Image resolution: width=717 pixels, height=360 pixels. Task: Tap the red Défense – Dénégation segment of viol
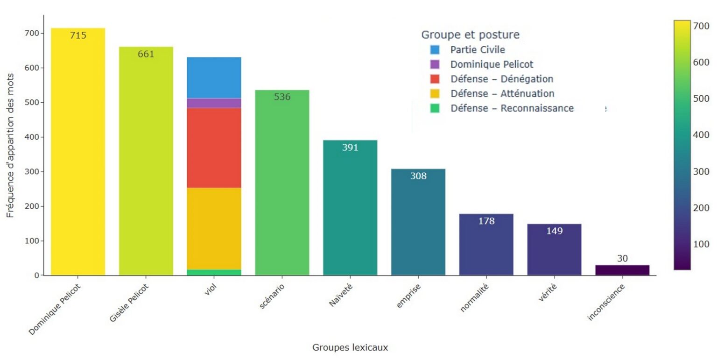point(214,148)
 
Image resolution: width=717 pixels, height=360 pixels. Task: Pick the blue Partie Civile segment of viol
point(214,78)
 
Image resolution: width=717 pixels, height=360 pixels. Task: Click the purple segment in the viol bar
point(214,103)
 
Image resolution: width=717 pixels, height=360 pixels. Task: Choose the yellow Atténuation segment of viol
point(214,228)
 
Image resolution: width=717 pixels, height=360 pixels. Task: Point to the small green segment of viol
point(214,272)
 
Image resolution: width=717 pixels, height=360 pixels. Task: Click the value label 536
point(282,97)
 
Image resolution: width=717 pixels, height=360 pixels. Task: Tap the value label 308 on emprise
point(418,176)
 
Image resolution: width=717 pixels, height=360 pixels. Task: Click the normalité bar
point(486,245)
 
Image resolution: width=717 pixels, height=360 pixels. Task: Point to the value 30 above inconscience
point(622,259)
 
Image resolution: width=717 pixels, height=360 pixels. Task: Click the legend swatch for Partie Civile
point(435,49)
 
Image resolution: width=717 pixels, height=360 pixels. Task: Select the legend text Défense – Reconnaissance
point(512,108)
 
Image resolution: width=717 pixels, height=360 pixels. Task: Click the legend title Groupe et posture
point(470,35)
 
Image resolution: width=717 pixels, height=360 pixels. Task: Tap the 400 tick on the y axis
point(32,137)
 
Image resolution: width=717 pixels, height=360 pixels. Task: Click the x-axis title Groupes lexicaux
point(350,347)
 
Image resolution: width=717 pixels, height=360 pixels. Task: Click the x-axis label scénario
point(272,296)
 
